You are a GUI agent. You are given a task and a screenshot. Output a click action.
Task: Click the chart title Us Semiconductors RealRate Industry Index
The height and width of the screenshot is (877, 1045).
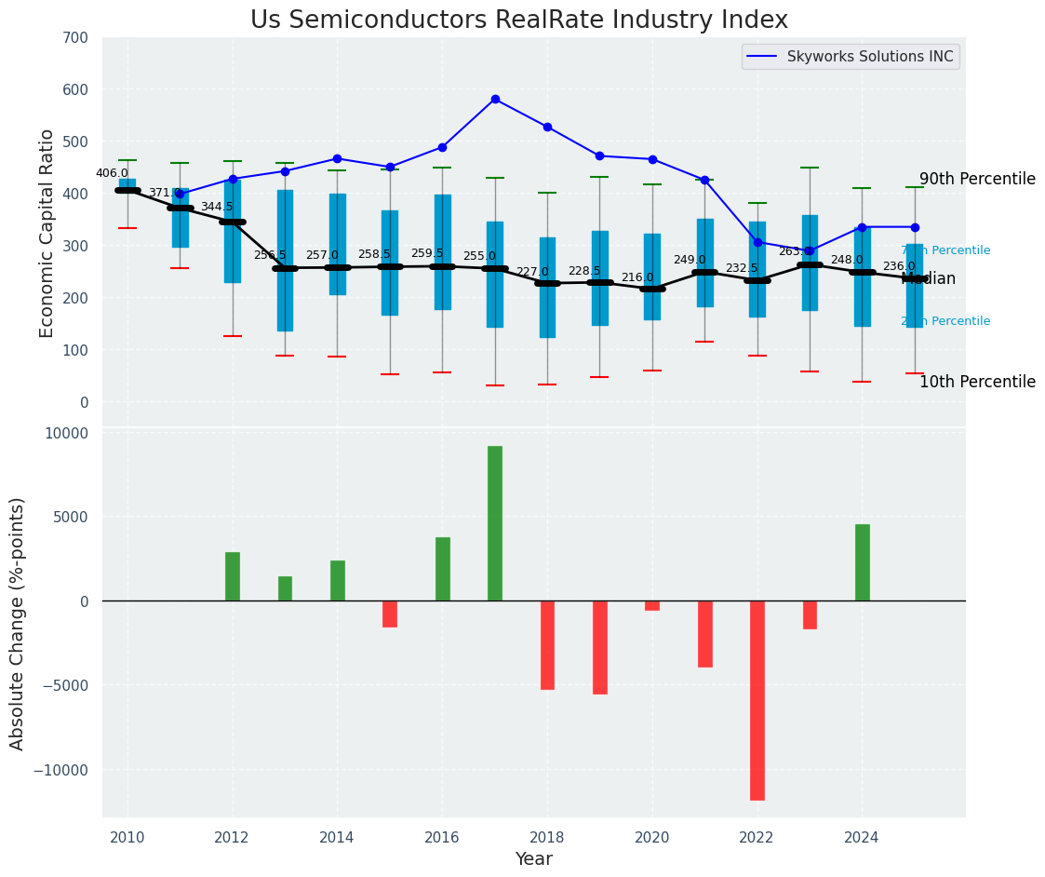click(x=518, y=20)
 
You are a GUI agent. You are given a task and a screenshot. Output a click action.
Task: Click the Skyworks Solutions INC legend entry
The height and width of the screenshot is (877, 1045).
click(x=869, y=57)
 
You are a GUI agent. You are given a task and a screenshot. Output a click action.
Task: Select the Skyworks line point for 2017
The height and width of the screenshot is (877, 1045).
click(x=495, y=99)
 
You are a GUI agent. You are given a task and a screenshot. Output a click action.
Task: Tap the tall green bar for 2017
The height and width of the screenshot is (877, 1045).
click(x=495, y=523)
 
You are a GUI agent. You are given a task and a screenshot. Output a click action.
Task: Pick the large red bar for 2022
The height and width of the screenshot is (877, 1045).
click(x=757, y=700)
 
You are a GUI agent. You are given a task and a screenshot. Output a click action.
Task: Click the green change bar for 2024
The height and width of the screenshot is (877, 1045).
click(x=863, y=562)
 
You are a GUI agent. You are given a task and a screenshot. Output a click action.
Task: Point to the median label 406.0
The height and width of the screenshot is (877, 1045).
click(x=112, y=173)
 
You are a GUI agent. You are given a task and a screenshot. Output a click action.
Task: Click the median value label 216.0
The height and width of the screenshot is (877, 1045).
click(x=637, y=277)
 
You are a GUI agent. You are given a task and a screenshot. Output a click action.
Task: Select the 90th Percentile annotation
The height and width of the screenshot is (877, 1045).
click(x=977, y=179)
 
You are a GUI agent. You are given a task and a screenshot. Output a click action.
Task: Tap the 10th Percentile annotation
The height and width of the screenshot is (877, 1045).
click(x=977, y=382)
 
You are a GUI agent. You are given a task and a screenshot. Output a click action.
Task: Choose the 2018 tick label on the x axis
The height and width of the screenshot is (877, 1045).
click(x=547, y=837)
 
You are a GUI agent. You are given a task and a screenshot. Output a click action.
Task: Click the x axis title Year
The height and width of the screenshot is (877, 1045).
click(x=534, y=859)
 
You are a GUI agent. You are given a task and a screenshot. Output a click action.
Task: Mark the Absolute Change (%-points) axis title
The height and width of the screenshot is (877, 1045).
click(x=18, y=624)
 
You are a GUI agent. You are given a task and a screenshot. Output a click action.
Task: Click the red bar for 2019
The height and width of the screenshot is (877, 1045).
click(x=600, y=647)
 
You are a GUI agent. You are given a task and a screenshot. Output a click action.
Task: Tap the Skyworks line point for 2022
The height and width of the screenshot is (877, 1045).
click(x=757, y=242)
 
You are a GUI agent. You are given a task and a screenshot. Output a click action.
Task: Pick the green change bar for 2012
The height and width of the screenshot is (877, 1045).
click(x=233, y=576)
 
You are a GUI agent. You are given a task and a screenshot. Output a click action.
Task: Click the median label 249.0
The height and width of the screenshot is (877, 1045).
click(x=690, y=260)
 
